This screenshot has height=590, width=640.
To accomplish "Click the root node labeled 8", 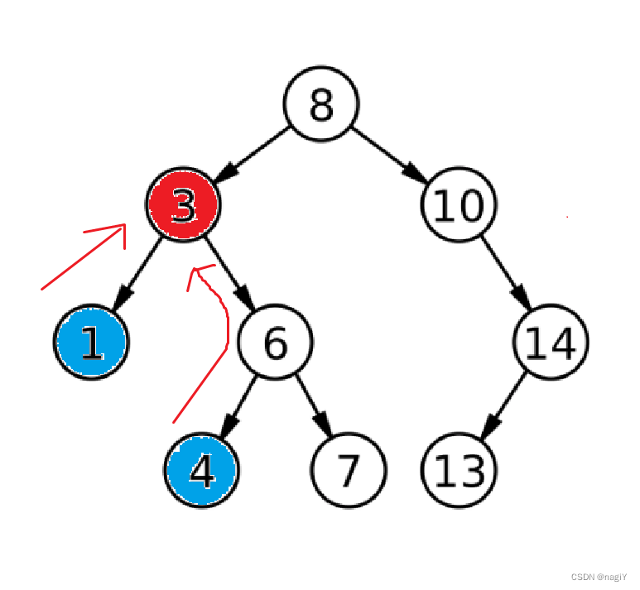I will click(x=320, y=105).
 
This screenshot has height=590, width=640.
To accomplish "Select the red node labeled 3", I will click(x=183, y=206).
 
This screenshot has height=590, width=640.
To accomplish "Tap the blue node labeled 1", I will click(x=92, y=343).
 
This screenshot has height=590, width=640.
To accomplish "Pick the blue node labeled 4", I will click(x=201, y=469).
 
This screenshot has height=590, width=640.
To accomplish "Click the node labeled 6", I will click(x=274, y=342).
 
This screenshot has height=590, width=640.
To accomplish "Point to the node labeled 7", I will click(x=348, y=469).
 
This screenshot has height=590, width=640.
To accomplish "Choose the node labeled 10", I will click(x=458, y=206).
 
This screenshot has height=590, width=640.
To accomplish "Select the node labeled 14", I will click(x=550, y=342).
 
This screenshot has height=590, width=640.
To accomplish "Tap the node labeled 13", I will click(x=458, y=469).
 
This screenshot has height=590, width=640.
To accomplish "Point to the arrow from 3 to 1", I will click(x=137, y=274).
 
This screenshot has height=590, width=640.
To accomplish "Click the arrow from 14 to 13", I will click(x=504, y=405).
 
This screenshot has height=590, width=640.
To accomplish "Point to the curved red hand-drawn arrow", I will click(x=212, y=339).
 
